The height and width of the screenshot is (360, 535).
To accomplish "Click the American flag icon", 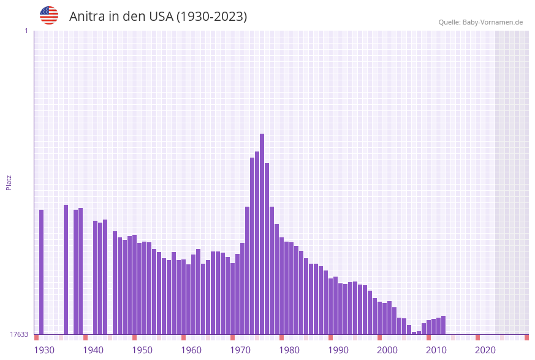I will coord(49,15).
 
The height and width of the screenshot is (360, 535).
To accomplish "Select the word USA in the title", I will coord(161,17).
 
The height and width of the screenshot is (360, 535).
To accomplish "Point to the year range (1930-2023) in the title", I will coord(212,17).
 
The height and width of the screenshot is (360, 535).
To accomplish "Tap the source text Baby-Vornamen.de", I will coord(493,22).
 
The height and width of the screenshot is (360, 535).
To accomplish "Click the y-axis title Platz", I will coord(9,182).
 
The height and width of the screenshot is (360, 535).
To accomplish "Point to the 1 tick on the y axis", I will coord(26,31).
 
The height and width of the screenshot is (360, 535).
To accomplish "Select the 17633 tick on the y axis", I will coord(19,334).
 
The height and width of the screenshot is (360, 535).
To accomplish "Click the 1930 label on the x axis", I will coord(44,350).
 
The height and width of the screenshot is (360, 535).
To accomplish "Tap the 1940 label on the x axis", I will coord(93,350).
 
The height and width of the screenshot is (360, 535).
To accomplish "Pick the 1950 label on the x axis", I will coord(142,350).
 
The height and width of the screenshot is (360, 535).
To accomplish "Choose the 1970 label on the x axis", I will coord(240,350).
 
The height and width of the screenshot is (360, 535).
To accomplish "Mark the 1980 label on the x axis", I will coord(289,350).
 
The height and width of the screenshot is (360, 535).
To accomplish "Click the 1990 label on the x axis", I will coord(338,350).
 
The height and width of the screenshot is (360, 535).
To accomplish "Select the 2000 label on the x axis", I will coord(387,350).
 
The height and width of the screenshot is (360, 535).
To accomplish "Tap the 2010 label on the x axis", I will coord(436,350).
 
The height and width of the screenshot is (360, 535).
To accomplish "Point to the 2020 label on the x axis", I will coord(485,350).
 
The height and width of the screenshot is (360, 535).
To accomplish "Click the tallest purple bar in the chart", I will coord(262,233).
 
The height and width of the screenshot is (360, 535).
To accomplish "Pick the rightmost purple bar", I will coord(443,325).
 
